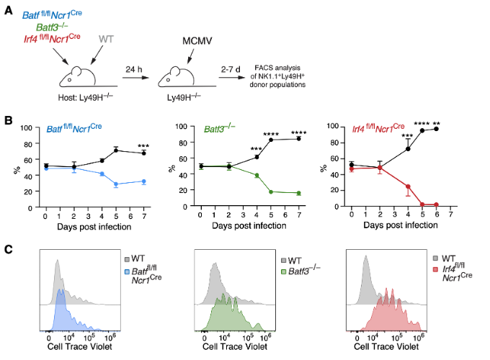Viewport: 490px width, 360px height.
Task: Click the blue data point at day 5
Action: point(115,185)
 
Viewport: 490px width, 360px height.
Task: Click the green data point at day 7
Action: point(298,193)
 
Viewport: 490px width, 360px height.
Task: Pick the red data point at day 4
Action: point(408,186)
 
